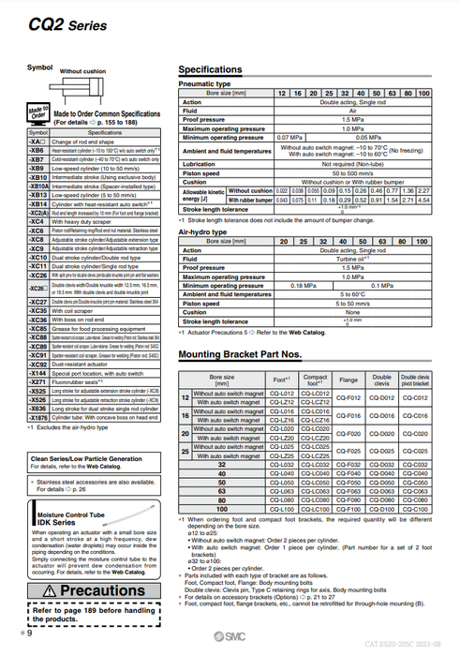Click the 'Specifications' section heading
210,70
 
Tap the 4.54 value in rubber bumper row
423,200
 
